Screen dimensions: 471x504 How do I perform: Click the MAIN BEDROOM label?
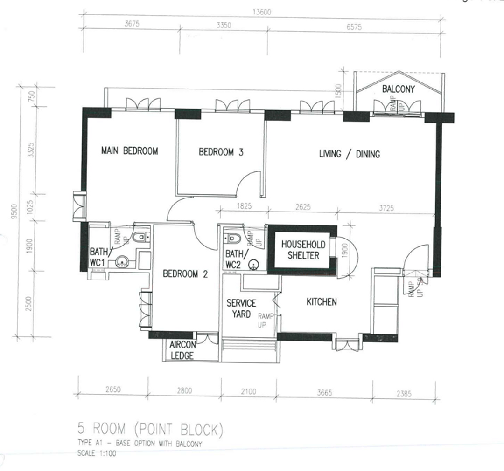[129, 151]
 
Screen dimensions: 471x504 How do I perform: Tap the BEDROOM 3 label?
[221, 152]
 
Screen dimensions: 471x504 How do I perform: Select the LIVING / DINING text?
[349, 154]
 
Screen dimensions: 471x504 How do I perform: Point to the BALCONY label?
[398, 89]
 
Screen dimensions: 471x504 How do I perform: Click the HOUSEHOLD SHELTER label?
[303, 250]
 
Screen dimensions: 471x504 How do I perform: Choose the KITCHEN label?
[321, 302]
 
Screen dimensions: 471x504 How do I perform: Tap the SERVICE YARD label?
[241, 308]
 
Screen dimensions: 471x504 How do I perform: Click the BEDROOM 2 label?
[185, 274]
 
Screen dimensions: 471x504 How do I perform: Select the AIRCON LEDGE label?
[182, 350]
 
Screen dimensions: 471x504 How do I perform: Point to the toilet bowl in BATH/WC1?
[140, 237]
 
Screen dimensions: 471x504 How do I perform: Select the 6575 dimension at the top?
[354, 27]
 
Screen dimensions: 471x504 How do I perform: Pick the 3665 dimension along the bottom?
[324, 393]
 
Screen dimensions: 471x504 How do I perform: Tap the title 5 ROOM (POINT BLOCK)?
[150, 428]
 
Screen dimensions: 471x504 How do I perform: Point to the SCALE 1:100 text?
[97, 453]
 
